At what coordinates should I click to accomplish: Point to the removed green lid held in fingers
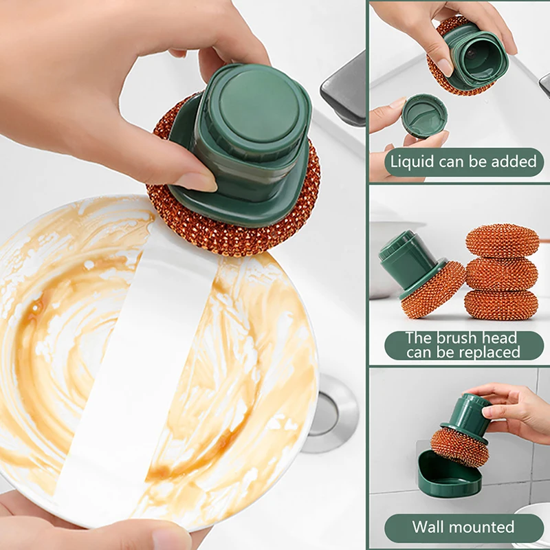point(423,115)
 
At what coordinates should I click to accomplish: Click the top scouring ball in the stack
point(502,240)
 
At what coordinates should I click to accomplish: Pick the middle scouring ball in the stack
point(502,273)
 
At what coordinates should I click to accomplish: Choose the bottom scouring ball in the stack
point(502,304)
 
